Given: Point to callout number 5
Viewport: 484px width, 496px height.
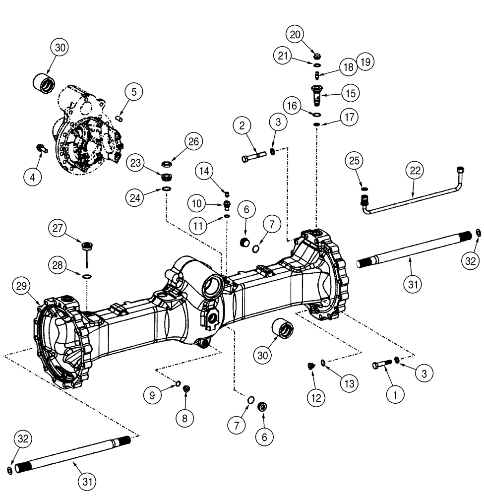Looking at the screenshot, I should point(133,92).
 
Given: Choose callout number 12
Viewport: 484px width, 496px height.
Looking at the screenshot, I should point(315,397).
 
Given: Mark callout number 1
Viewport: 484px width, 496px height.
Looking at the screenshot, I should point(395,395).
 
